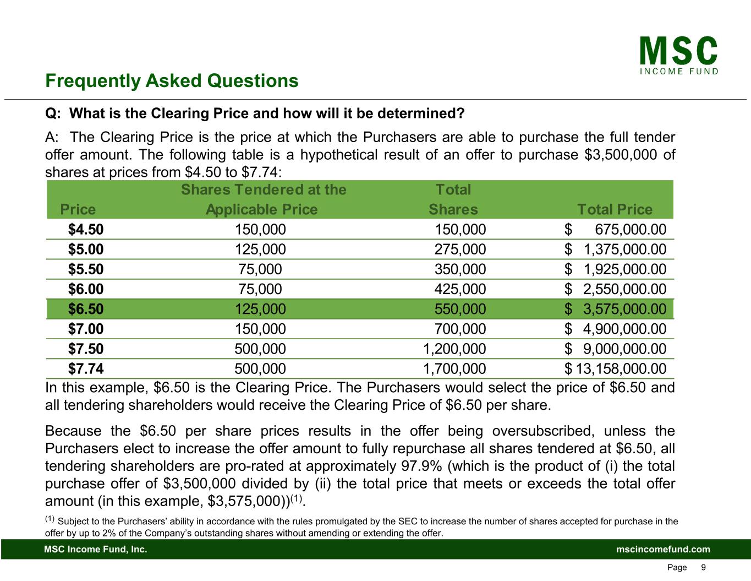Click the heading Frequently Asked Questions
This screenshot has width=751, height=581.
click(172, 81)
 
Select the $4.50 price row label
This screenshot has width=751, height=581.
click(86, 230)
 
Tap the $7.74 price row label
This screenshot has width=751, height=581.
click(86, 368)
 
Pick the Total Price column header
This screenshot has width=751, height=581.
click(615, 209)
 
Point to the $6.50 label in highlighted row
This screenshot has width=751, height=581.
click(86, 309)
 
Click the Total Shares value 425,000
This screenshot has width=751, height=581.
click(461, 289)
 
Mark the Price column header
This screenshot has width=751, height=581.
click(78, 209)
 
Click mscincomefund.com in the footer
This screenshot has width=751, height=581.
click(663, 549)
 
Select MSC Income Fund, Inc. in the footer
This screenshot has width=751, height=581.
click(96, 549)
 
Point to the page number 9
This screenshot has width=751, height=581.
click(703, 567)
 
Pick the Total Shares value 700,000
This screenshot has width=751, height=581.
click(461, 329)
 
